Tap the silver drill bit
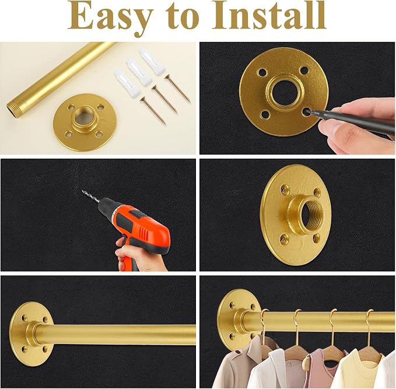click(91, 197)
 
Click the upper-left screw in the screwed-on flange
click(285, 189)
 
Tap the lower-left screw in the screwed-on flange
click(285, 237)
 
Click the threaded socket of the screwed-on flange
click(312, 212)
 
